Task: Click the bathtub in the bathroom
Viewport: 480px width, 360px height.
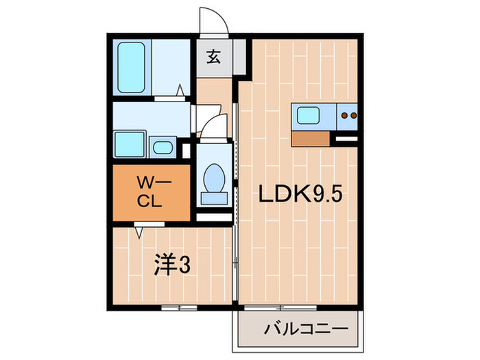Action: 132,68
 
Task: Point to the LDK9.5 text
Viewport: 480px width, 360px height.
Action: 299,195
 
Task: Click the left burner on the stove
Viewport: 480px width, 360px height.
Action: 345,116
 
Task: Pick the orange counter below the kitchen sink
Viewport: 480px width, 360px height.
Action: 311,139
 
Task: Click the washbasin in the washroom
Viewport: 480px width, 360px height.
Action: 162,147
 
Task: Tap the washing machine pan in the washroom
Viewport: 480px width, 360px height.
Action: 129,145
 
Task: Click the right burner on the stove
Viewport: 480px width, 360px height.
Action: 354,116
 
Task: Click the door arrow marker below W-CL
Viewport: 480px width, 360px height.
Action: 139,232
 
